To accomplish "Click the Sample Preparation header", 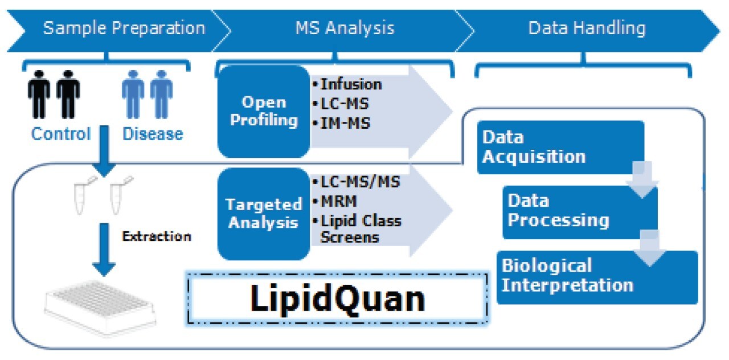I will pos(124,28).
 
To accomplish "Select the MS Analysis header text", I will pos(345,28).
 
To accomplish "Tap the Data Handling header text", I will pos(587,28).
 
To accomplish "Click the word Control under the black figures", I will pos(60,134).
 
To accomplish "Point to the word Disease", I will pos(153,134).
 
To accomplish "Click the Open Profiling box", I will pos(263,111).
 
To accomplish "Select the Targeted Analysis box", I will pos(263,213).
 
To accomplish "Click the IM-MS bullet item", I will pos(344,122).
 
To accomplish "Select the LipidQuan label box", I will pos(337,299).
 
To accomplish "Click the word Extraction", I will pos(157,236).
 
